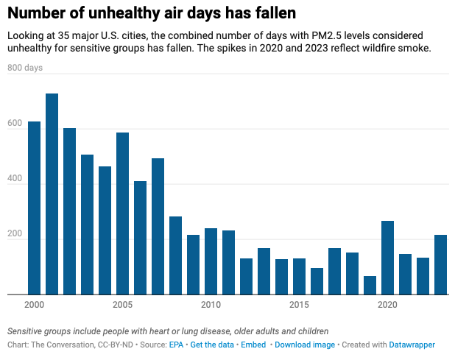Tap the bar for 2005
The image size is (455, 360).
122,213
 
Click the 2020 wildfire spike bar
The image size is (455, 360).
387,258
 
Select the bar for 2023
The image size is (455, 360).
440,264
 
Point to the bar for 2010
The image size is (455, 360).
211,261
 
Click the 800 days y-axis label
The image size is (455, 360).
25,68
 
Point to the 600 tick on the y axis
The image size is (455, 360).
15,124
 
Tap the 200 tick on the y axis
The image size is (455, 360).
15,234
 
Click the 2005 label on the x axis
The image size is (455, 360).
122,304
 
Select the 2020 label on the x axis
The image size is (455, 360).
387,304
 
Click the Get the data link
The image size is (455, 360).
214,345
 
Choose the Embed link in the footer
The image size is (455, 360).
255,345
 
